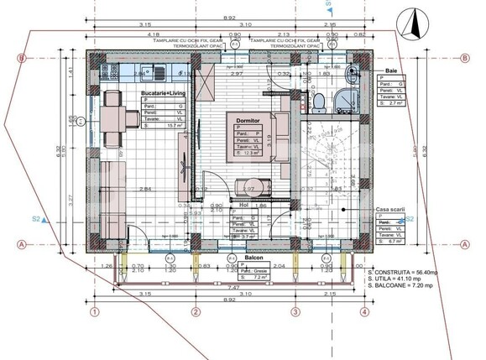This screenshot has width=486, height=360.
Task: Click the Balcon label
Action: pos(255,258)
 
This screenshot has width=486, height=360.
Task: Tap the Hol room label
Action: pos(243,203)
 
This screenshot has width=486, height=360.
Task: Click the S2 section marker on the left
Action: pos(37,219)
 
